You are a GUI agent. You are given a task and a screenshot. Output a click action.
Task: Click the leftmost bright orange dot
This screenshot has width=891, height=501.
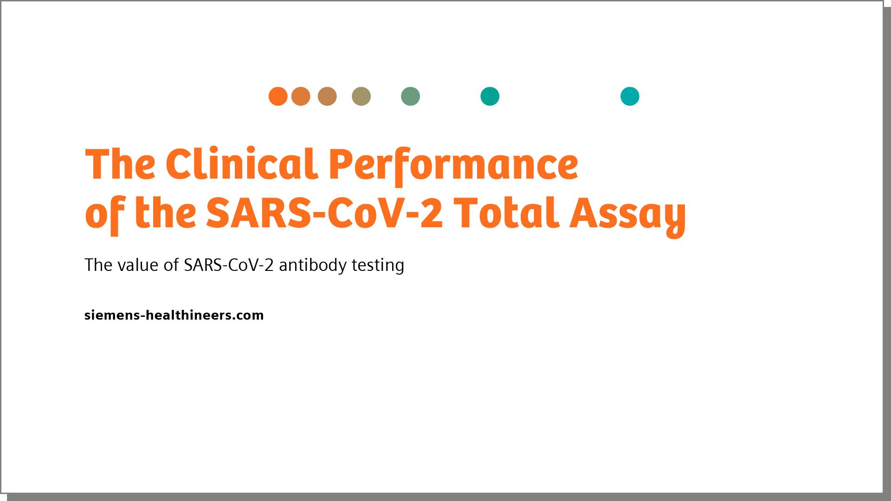278,96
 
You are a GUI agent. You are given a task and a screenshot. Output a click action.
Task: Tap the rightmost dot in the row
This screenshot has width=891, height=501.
630,96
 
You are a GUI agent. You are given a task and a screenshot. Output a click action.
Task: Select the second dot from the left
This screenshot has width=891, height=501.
301,96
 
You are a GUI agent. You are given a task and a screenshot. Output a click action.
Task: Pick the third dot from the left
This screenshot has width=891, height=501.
327,96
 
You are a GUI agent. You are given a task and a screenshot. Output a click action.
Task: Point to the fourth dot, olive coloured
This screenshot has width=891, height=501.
361,96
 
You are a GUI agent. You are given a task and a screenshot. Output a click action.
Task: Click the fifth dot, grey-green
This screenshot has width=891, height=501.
410,96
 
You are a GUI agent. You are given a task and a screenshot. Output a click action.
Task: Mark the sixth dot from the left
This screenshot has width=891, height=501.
490,96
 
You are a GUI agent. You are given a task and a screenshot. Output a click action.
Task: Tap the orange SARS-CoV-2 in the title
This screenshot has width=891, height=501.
324,214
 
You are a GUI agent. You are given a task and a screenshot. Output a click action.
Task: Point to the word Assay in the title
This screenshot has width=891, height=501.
627,216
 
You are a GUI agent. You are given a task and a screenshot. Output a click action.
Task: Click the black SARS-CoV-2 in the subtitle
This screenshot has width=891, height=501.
228,265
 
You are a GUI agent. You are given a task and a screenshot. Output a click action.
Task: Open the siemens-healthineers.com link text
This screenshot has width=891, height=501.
174,315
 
